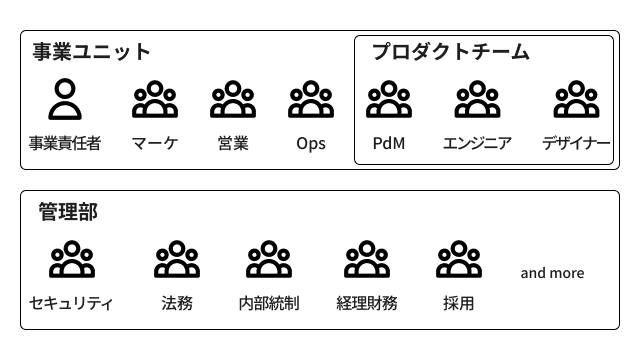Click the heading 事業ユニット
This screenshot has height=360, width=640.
(91, 52)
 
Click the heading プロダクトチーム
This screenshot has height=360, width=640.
(450, 52)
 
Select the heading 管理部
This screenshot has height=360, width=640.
(68, 212)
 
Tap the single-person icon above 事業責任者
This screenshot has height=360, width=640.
(65, 100)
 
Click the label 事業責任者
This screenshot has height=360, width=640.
(65, 143)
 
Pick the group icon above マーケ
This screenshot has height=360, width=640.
(155, 100)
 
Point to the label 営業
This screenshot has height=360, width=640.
(233, 143)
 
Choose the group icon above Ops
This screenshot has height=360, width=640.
(311, 100)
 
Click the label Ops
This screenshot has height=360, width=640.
(311, 143)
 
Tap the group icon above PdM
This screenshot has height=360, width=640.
(389, 100)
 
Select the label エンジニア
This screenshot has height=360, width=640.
(477, 143)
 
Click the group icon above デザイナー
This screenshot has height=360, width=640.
(576, 100)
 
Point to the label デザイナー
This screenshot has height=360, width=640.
(576, 143)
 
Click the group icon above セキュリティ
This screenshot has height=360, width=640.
(71, 260)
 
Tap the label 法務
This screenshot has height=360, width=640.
(177, 303)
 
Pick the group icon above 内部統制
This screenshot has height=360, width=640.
(269, 260)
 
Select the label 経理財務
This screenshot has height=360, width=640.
(367, 303)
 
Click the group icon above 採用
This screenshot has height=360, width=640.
(459, 260)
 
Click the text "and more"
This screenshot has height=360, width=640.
(552, 273)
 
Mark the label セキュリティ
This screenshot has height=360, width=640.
(71, 303)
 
